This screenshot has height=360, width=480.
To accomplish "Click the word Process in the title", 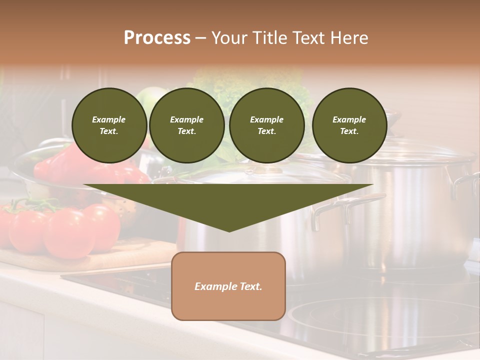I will point(157,38).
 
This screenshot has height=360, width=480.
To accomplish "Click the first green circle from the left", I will point(109,125).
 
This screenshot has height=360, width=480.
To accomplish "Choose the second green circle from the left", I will point(186,125).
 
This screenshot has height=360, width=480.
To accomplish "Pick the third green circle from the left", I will point(266,125).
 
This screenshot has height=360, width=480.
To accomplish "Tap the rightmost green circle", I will point(349,125).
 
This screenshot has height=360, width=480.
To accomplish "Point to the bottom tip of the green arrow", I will point(229,231).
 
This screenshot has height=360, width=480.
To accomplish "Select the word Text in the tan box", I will point(251,286).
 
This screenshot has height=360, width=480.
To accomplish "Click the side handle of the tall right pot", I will point(465,182).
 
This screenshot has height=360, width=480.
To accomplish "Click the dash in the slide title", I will point(201,38).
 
